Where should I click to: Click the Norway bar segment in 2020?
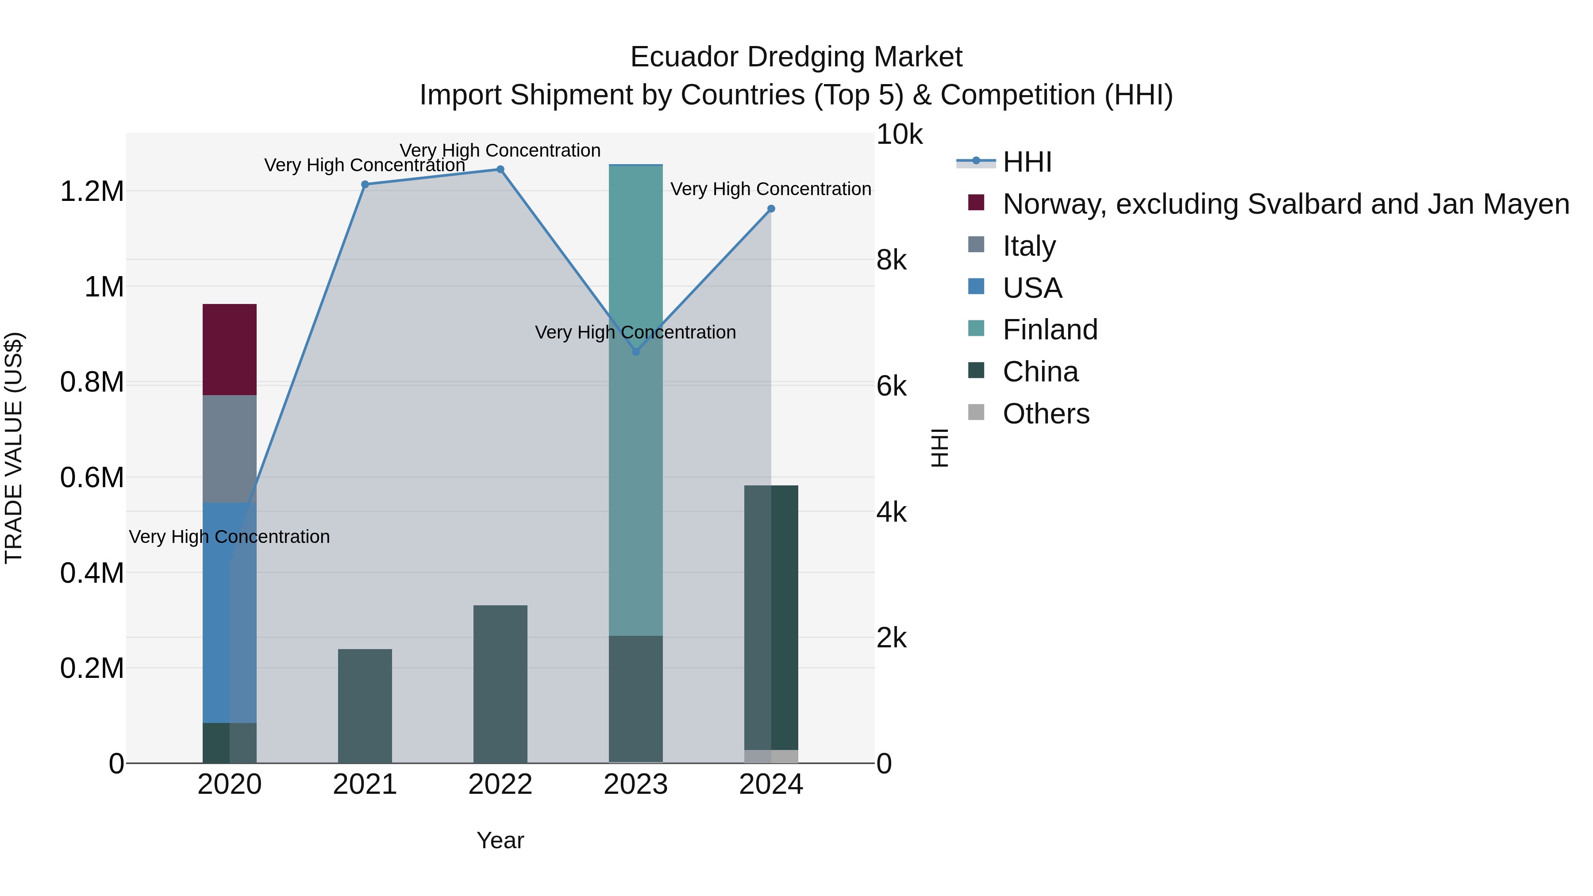pos(229,350)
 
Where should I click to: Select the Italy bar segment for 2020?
pos(229,448)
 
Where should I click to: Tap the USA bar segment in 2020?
pos(216,612)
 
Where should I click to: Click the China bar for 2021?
pos(365,706)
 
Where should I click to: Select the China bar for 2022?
pos(500,684)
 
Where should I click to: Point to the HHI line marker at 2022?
pos(500,169)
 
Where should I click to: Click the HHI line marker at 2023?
pos(636,352)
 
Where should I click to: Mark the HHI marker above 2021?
pos(365,184)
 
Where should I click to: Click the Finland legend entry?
pos(1050,330)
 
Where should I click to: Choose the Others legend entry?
pos(1046,414)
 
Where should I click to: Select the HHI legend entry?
pos(1027,162)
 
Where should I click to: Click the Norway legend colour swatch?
pos(976,203)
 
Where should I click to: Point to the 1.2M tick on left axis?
pos(92,192)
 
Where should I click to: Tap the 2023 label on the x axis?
pos(636,784)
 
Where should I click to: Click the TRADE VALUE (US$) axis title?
pos(14,448)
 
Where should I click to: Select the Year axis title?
pos(500,840)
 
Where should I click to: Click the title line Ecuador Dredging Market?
pos(796,57)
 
